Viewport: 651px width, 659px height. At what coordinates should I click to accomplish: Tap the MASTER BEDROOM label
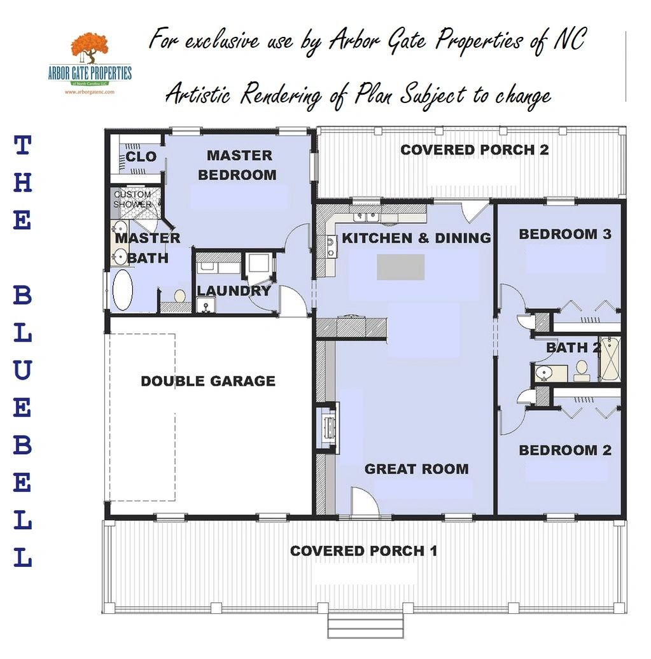pos(238,165)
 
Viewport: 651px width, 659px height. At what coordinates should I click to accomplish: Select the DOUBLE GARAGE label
pos(208,381)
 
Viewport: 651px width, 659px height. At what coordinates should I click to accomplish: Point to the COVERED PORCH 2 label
pos(474,149)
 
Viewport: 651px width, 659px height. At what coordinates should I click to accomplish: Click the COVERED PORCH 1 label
pos(364,551)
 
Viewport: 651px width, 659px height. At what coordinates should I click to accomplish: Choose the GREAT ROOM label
pos(416,469)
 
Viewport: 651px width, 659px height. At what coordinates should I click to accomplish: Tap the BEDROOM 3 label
pos(565,234)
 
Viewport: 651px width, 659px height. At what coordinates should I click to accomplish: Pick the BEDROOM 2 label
pos(565,450)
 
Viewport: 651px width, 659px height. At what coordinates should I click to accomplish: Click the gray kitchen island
pos(400,267)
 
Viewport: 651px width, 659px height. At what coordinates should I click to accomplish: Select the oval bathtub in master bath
pos(123,291)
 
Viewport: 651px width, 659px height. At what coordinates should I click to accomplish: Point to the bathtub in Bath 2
pos(610,359)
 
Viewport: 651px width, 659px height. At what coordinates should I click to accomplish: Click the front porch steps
pos(365,627)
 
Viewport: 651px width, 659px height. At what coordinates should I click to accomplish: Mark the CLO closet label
pos(141,156)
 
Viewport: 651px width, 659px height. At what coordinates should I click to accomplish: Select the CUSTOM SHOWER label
pos(132,199)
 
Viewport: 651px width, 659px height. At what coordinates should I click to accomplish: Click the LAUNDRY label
pos(234,291)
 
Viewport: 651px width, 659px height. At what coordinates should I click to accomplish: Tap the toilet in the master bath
pos(180,295)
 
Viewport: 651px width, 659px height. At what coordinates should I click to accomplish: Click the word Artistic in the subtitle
pos(198,94)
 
